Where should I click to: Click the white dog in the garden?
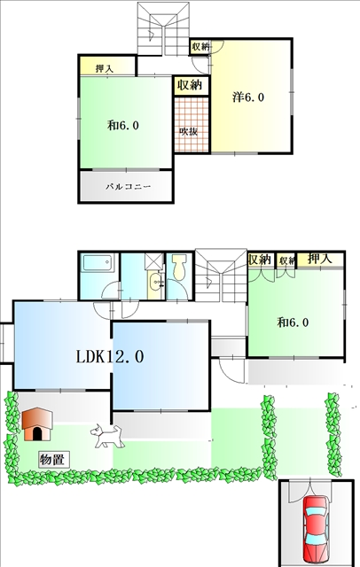coord(107,436)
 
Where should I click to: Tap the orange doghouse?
coord(37,423)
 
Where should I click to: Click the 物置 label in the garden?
coord(53,460)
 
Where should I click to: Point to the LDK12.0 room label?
coord(110,356)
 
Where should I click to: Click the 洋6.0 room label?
coord(248,97)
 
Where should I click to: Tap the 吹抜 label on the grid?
coord(189,131)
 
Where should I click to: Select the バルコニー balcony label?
coord(128,187)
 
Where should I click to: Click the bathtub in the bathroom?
coord(98,263)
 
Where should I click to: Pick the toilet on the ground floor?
coord(179,267)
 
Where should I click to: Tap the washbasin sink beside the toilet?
coord(156,281)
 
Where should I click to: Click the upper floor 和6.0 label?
coord(123,126)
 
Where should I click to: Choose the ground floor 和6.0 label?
coord(293,322)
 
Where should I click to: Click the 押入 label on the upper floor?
coord(105,68)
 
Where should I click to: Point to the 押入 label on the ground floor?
coord(319,259)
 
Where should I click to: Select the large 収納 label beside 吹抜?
coord(189,85)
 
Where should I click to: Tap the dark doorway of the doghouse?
coord(37,433)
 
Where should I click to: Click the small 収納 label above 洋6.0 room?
coord(200,46)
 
